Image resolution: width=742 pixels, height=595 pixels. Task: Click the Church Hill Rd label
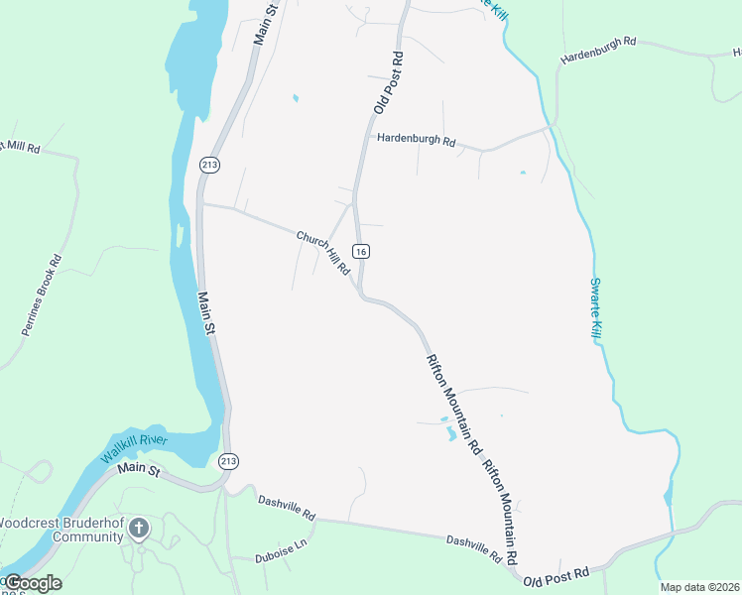point(323,253)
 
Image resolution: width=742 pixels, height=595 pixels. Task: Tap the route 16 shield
point(361,252)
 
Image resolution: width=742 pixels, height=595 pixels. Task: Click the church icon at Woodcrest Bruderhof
point(138,528)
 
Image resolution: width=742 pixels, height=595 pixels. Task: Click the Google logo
point(32,582)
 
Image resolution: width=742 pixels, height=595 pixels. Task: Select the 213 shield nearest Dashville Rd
point(229,461)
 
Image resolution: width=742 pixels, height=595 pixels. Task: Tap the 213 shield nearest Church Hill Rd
point(208,164)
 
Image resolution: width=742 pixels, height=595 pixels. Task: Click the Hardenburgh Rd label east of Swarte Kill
point(598,52)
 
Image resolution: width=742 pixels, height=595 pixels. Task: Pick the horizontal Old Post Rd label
point(556,575)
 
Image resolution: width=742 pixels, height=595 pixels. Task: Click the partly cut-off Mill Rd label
point(20,148)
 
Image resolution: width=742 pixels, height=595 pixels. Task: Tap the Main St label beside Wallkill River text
point(139,469)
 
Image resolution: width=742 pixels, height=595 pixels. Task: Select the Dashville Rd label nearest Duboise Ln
point(287,509)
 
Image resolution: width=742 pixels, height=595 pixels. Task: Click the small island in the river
point(180,236)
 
